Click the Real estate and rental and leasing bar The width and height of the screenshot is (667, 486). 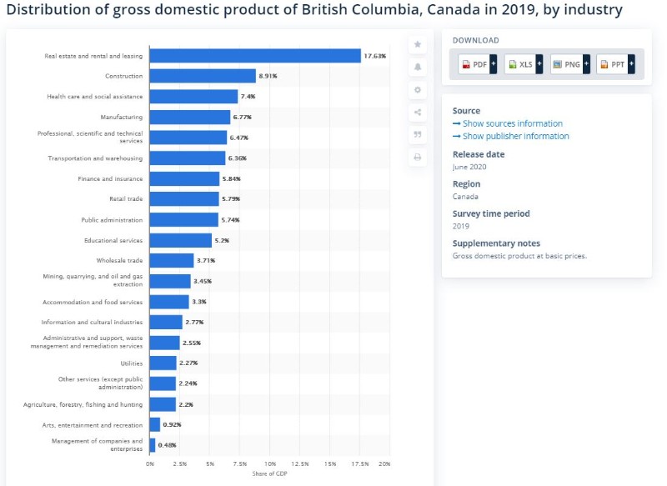(x=255, y=56)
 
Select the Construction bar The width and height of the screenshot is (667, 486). (x=203, y=76)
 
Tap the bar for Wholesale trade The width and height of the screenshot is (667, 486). (x=172, y=260)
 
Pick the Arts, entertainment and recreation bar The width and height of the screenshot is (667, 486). (x=155, y=424)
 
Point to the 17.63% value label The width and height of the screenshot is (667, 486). (x=374, y=56)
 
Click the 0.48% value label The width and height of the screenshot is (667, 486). (x=168, y=445)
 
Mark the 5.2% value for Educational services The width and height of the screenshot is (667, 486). (x=222, y=240)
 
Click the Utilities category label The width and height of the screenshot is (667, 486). (x=132, y=363)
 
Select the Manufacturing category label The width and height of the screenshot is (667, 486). (x=122, y=117)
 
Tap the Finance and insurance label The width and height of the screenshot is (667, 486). (x=110, y=178)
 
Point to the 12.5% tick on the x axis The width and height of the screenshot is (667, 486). (x=300, y=463)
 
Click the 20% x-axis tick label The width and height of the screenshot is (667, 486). (x=384, y=463)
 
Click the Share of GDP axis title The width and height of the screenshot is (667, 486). (x=269, y=473)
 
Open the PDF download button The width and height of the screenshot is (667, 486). (x=478, y=64)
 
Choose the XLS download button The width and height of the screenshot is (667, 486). (x=524, y=64)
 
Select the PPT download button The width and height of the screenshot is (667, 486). (x=615, y=64)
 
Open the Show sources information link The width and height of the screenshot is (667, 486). (x=508, y=123)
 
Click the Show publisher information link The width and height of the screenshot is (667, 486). (x=511, y=136)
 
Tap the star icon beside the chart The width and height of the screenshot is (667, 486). (x=418, y=44)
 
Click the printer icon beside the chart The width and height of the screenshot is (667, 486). (x=418, y=158)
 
